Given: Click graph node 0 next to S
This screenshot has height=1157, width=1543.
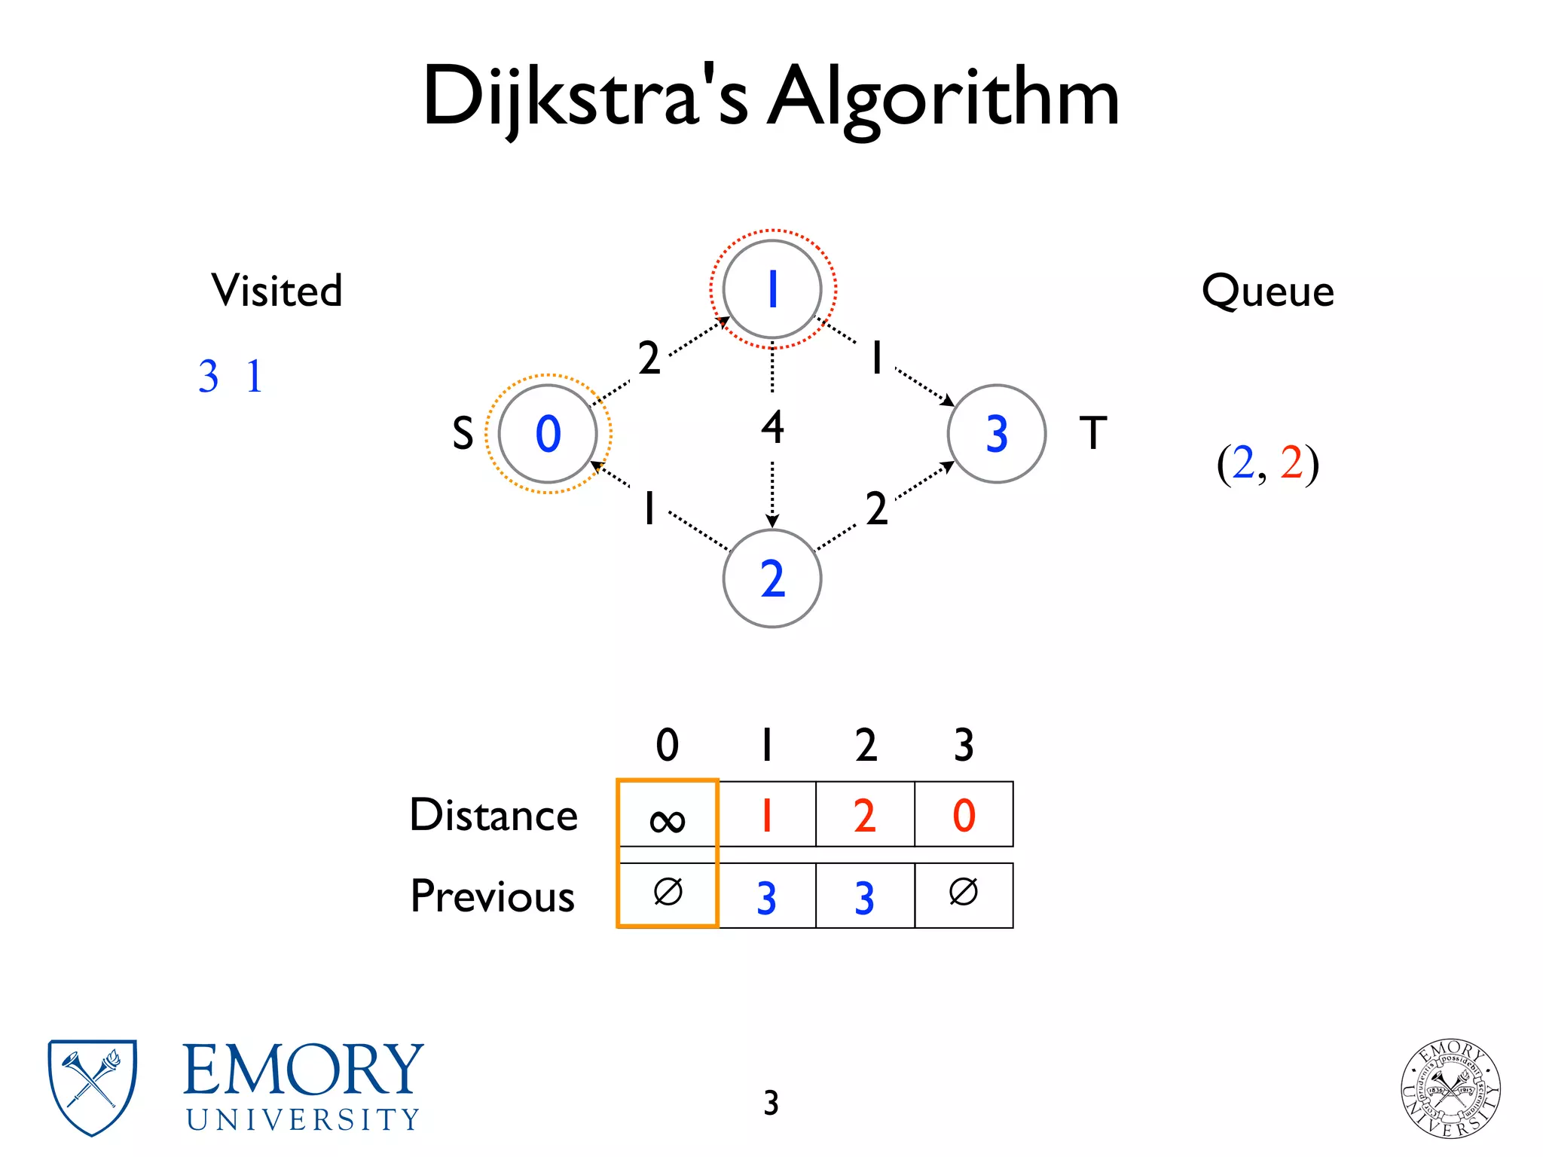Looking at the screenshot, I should click(x=548, y=434).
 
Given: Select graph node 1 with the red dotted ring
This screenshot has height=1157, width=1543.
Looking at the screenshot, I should click(x=772, y=289).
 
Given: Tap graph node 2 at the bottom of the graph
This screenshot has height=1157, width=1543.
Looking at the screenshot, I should click(x=772, y=578).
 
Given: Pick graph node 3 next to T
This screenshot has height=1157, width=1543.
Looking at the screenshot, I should click(x=996, y=434).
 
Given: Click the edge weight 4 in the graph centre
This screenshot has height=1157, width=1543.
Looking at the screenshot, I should click(x=772, y=427).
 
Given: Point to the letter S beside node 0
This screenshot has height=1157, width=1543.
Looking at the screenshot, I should click(x=463, y=434).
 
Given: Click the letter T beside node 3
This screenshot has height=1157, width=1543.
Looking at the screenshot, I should click(x=1093, y=433).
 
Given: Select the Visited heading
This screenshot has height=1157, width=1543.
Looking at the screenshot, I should click(x=277, y=291).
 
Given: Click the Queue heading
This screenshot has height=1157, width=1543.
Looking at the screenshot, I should click(x=1267, y=292).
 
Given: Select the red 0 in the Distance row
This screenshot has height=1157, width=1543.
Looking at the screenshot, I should click(x=964, y=815).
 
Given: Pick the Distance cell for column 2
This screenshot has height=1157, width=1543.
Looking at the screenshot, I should click(x=865, y=815).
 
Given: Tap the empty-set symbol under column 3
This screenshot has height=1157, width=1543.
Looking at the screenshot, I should click(x=964, y=893).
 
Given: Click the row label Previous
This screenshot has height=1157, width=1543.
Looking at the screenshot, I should click(x=493, y=896).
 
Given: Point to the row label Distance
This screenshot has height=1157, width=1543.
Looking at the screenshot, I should click(x=493, y=815).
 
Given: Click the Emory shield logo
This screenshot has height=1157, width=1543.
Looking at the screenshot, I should click(x=92, y=1087).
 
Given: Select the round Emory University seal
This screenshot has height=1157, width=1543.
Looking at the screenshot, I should click(x=1450, y=1088).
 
